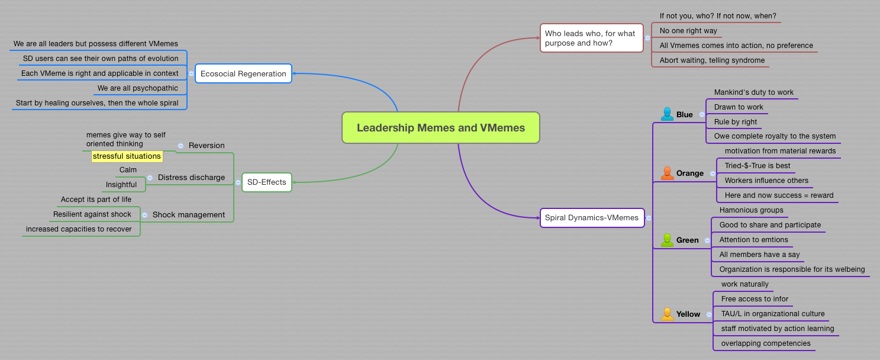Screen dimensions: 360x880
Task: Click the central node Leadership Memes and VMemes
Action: click(x=441, y=128)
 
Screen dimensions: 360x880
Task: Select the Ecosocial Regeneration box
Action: click(x=243, y=73)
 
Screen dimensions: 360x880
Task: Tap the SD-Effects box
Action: click(x=266, y=182)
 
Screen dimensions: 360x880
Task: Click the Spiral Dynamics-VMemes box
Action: click(x=592, y=217)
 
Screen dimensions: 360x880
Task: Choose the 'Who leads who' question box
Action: click(x=591, y=38)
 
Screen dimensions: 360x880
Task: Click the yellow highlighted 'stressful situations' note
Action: click(x=127, y=156)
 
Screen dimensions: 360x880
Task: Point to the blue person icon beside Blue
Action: click(x=667, y=114)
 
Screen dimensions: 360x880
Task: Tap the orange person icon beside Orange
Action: click(x=667, y=173)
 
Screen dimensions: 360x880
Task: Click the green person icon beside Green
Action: click(x=667, y=240)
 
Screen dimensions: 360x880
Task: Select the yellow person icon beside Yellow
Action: click(x=667, y=314)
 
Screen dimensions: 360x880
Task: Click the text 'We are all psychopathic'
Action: click(x=138, y=88)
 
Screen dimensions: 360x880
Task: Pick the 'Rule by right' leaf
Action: click(x=736, y=122)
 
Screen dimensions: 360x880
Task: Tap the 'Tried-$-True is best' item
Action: click(x=757, y=166)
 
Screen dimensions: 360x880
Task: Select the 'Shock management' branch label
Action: click(x=188, y=214)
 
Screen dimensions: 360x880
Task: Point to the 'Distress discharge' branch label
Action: click(x=191, y=177)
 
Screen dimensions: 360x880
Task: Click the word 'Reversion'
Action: click(x=207, y=145)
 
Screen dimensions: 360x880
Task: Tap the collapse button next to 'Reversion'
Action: click(x=180, y=146)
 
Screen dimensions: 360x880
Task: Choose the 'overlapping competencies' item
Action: click(x=766, y=343)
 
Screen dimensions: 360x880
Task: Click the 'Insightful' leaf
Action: click(x=121, y=185)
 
